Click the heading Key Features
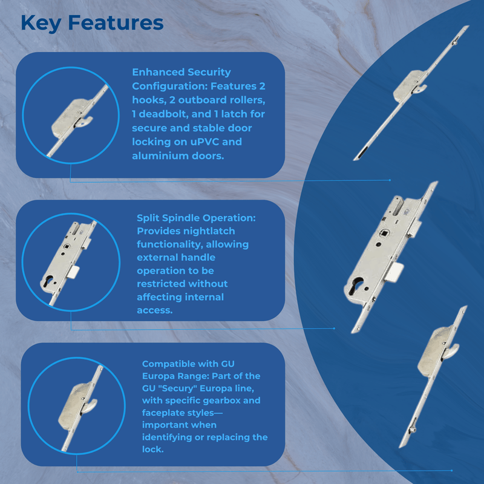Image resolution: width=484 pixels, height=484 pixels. [92, 24]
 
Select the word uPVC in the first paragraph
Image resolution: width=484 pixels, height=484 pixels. [204, 142]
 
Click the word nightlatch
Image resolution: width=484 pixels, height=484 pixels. [211, 231]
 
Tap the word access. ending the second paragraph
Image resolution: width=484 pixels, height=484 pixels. [155, 310]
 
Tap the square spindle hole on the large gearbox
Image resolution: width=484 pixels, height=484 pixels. [384, 234]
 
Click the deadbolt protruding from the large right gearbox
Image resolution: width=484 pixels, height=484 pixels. [394, 272]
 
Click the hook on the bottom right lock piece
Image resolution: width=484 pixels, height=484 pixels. [451, 351]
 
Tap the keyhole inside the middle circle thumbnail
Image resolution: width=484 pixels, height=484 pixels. [48, 281]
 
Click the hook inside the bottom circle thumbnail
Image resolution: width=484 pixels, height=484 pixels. [90, 405]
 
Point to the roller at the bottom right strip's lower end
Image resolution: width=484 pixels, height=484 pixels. [413, 429]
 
